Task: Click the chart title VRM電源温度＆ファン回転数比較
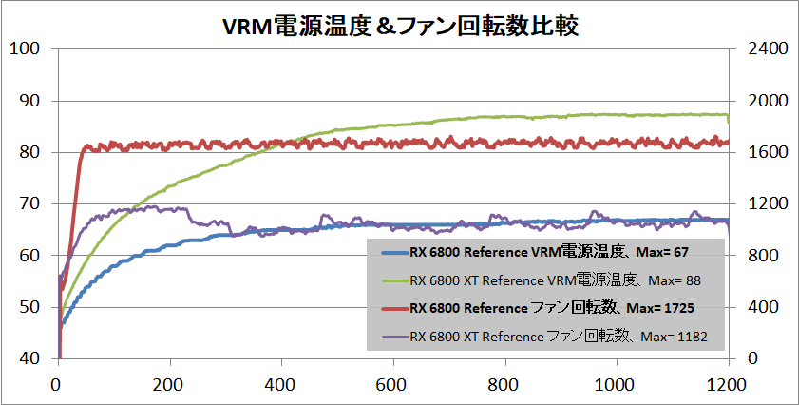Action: click(x=399, y=23)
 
